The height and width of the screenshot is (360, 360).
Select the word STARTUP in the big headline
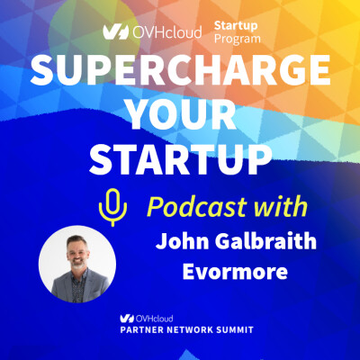pos(180,159)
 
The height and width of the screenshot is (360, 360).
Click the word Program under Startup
pos(237,40)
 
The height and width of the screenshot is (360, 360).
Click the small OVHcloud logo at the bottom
pos(144,318)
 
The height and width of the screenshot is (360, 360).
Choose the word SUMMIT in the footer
pos(249,332)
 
